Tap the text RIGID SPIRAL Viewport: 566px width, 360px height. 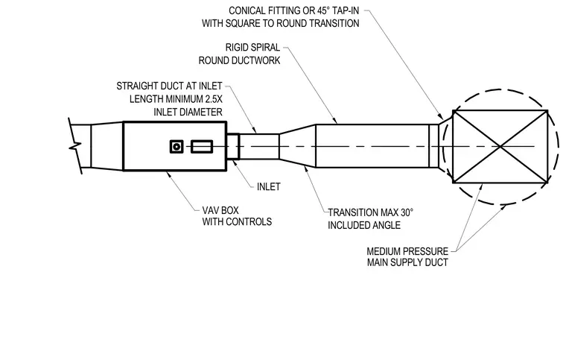pyautogui.click(x=252, y=48)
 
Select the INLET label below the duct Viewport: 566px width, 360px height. pyautogui.click(x=269, y=186)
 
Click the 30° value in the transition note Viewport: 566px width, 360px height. pyautogui.click(x=407, y=212)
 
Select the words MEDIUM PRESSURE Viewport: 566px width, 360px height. pyautogui.click(x=407, y=251)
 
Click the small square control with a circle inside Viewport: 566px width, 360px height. pyautogui.click(x=177, y=147)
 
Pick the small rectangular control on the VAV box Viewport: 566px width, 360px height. pyautogui.click(x=202, y=147)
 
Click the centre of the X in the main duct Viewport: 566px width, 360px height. pyautogui.click(x=500, y=147)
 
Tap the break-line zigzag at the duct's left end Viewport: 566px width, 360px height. pyautogui.click(x=75, y=146)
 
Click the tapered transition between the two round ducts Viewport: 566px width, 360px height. pyautogui.click(x=297, y=146)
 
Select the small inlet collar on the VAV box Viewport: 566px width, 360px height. pyautogui.click(x=233, y=146)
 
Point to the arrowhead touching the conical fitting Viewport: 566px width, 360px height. pyautogui.click(x=441, y=116)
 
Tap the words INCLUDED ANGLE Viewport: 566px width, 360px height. pyautogui.click(x=364, y=225)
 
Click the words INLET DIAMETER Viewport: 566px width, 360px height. pyautogui.click(x=188, y=112)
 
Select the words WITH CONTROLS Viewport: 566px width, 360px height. pyautogui.click(x=237, y=221)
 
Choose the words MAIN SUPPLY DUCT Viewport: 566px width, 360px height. pyautogui.click(x=407, y=262)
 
